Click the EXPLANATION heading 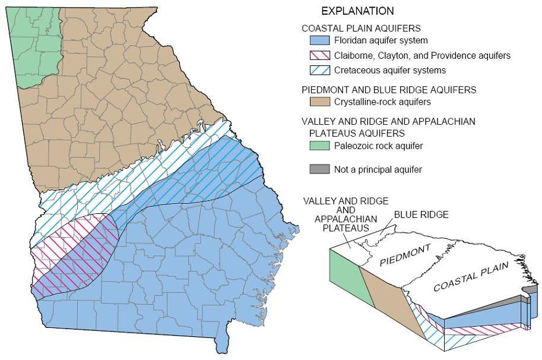[357, 11]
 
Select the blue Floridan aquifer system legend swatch [319, 41]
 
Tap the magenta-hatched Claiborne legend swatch [319, 56]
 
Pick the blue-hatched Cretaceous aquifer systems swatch [319, 70]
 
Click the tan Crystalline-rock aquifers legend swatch [319, 102]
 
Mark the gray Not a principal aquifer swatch [319, 170]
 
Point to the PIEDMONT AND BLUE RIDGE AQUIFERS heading [389, 90]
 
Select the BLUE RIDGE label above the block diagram [421, 214]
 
